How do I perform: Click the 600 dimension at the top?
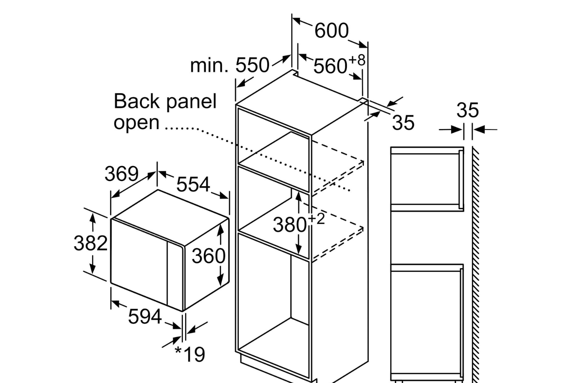(332, 31)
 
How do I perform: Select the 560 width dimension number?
(330, 66)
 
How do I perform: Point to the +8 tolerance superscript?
(357, 60)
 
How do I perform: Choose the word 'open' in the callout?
(136, 123)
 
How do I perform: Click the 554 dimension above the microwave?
(193, 184)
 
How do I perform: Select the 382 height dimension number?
(90, 243)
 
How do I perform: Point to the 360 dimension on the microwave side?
(209, 255)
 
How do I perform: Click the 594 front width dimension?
(145, 316)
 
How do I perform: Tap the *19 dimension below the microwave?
(190, 354)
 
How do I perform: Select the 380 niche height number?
(289, 225)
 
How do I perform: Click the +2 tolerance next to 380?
(316, 219)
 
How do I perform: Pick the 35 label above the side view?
(467, 110)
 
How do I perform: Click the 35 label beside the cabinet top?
(403, 123)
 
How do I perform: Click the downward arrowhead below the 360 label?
(220, 282)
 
